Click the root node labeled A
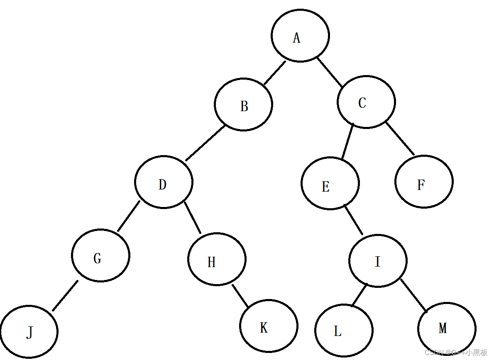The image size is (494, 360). (300, 36)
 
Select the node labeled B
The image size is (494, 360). (243, 105)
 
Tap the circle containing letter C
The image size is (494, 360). (366, 102)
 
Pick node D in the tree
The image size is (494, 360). (164, 182)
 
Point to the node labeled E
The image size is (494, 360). (330, 183)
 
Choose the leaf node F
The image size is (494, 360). (424, 182)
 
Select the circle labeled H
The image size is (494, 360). (217, 259)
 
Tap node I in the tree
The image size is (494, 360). (378, 261)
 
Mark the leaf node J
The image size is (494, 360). (29, 332)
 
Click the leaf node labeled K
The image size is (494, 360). (269, 326)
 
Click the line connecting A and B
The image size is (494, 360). (275, 73)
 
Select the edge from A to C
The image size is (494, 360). (330, 73)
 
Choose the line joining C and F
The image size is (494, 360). (400, 138)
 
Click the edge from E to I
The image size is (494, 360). (354, 220)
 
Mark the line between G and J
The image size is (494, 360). (65, 296)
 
